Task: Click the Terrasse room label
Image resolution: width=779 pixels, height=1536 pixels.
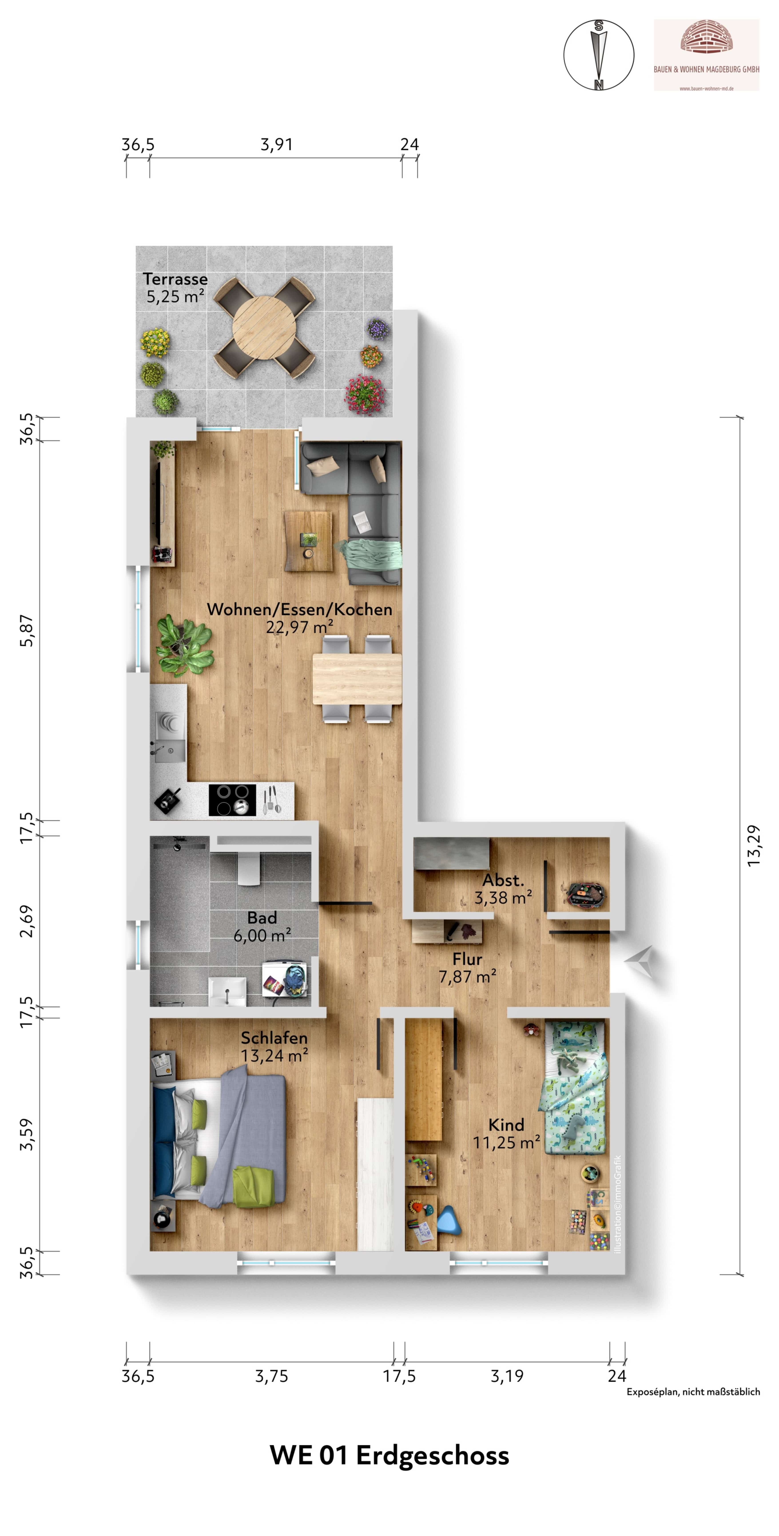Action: click(175, 279)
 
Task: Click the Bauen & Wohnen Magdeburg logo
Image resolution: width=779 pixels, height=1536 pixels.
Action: click(706, 55)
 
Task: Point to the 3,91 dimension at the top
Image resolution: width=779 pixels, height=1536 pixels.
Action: click(276, 145)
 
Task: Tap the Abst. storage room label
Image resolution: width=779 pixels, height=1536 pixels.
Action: click(503, 880)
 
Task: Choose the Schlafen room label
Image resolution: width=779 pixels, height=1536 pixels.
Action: click(274, 1038)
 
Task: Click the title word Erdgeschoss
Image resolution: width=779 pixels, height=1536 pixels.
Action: click(433, 1456)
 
